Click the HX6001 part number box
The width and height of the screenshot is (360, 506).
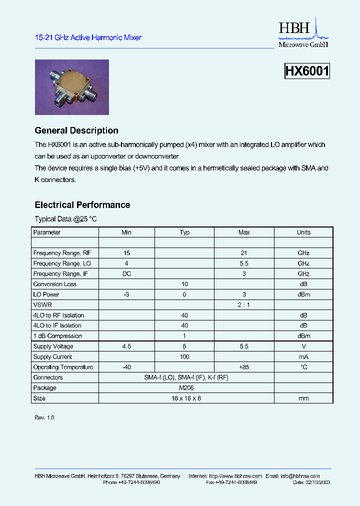click(x=307, y=71)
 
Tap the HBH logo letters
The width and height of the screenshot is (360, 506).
click(x=295, y=28)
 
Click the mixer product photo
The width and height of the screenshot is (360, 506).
click(x=71, y=87)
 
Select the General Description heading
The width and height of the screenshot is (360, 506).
click(x=76, y=130)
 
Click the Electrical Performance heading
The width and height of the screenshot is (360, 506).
click(x=82, y=205)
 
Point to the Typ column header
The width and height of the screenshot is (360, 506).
click(x=184, y=232)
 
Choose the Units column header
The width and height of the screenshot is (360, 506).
click(x=303, y=232)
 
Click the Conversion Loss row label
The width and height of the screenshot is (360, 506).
click(x=55, y=284)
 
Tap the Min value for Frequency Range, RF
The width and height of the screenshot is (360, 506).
click(x=126, y=253)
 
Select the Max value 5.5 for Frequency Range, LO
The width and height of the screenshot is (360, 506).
click(x=244, y=263)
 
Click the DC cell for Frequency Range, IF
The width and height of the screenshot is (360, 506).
click(x=126, y=274)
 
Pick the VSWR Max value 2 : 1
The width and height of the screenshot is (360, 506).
click(x=244, y=305)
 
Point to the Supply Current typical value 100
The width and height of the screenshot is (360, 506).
click(x=184, y=357)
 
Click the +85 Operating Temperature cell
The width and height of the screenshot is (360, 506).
click(x=244, y=367)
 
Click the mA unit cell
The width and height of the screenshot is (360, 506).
click(x=303, y=357)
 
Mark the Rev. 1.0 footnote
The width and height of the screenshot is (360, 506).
click(x=44, y=417)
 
